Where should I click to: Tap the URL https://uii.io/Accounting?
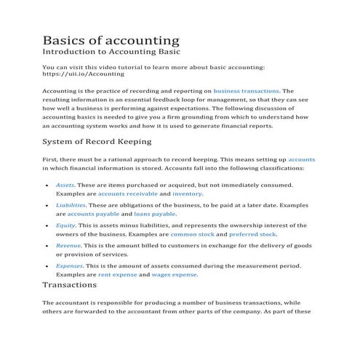pos(84,74)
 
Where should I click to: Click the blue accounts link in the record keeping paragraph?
pos(301,158)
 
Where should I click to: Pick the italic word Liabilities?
pos(70,206)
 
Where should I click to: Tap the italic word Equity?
pos(65,226)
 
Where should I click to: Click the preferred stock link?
pos(252,235)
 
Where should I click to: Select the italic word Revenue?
pos(68,247)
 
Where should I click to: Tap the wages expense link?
pos(174,276)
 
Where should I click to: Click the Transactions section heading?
pos(80,285)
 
